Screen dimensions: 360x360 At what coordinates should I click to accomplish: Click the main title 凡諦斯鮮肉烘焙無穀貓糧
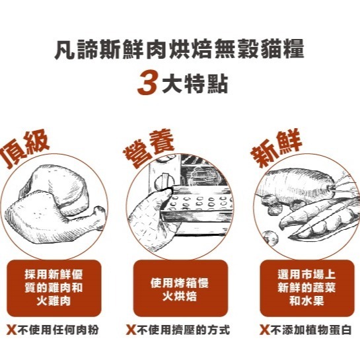(x=180, y=51)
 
